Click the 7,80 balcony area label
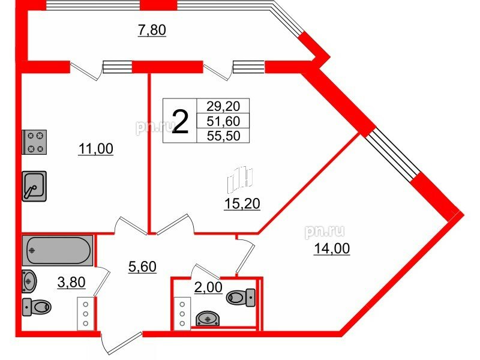tap(152, 31)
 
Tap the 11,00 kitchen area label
tap(96, 149)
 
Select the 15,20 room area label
tap(242, 203)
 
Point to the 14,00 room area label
tap(332, 248)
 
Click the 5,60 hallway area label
tap(142, 266)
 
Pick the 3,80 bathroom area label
tap(71, 282)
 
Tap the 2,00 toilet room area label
tap(208, 287)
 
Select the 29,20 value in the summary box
tap(223, 106)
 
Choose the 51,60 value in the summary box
tap(223, 121)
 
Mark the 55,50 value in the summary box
tap(223, 136)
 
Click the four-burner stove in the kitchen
tap(35, 142)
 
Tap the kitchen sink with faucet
tap(34, 186)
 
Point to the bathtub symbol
tap(58, 250)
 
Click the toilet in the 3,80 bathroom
tap(37, 307)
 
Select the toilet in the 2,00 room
tap(241, 297)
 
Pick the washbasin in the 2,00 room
tap(208, 318)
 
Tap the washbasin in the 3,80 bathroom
tap(29, 281)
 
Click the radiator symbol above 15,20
tap(240, 178)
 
